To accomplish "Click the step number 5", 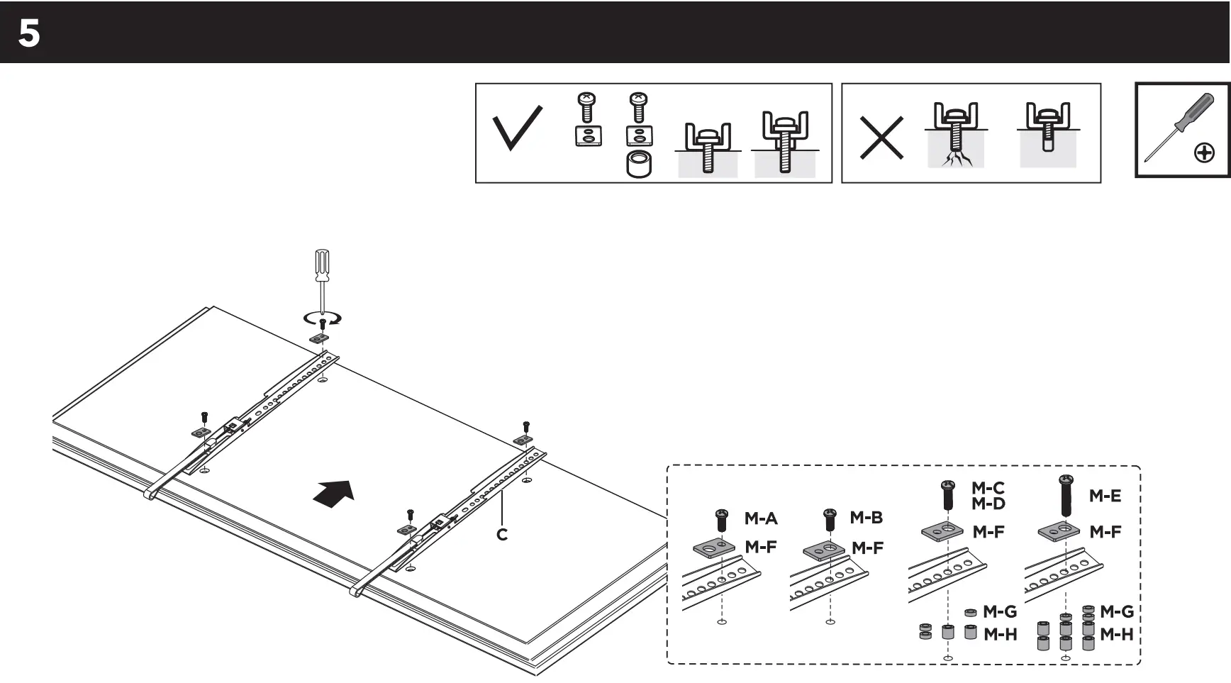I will (x=29, y=33).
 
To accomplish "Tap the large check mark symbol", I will (x=517, y=128).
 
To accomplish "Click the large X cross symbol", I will (x=881, y=138).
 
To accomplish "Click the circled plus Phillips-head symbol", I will (x=1204, y=152).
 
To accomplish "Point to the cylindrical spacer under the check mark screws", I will (x=640, y=164).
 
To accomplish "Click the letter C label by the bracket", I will (x=502, y=535).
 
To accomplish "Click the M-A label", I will (x=761, y=518).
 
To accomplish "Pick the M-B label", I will (x=866, y=518).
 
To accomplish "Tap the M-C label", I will (x=988, y=488).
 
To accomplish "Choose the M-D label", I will (x=988, y=504).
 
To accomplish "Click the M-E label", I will (x=1105, y=496).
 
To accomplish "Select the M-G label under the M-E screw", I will (x=1116, y=611).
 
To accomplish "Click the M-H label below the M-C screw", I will (x=1000, y=634).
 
